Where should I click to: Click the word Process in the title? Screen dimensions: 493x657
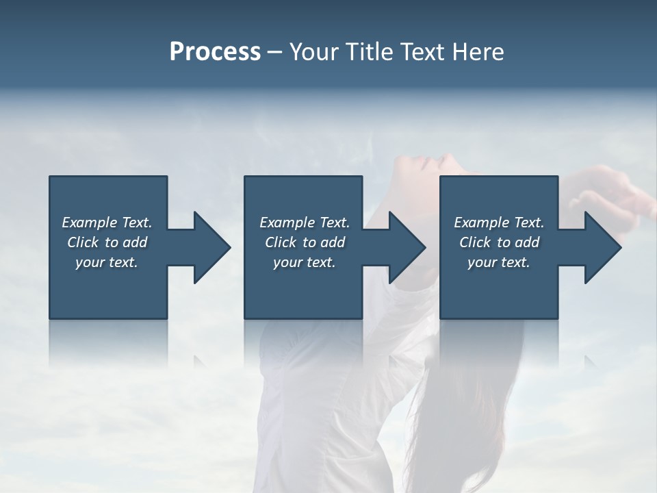point(215,51)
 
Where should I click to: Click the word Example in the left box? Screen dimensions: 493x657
point(90,223)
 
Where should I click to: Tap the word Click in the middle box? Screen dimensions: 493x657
point(280,242)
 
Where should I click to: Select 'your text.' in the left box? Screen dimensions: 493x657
point(107,262)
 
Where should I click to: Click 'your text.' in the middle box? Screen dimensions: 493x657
point(305,262)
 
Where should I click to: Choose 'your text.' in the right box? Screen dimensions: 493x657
point(499,262)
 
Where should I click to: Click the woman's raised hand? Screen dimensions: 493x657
point(609,199)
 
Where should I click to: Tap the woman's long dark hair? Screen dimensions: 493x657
point(465,411)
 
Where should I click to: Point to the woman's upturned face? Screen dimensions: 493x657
point(431,171)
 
